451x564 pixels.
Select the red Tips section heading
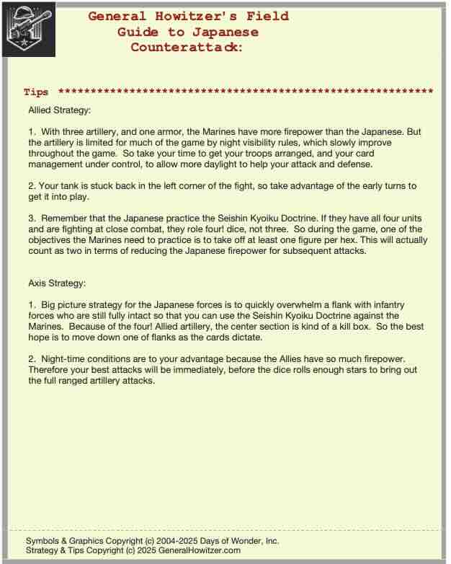coord(36,92)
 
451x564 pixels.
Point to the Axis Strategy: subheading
coord(56,283)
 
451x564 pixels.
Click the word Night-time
coord(67,358)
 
